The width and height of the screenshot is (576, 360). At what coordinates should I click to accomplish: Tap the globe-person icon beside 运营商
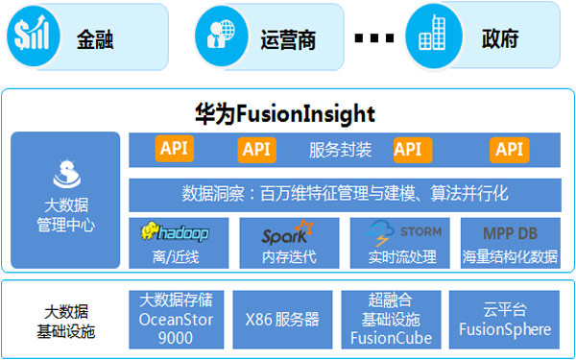[x=216, y=36]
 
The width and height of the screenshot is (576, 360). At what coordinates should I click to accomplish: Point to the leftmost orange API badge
[x=174, y=149]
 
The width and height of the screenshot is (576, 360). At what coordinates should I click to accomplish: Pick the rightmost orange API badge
[x=509, y=149]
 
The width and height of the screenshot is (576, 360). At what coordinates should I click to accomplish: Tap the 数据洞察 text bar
[x=345, y=194]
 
